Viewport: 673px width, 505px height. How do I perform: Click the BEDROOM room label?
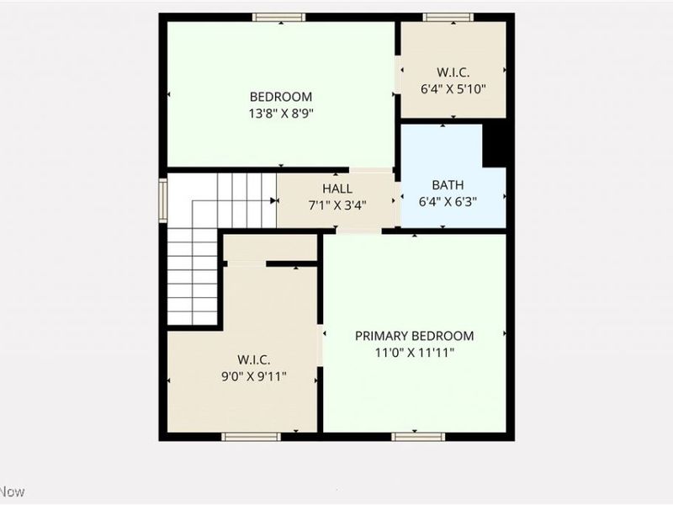[281, 97]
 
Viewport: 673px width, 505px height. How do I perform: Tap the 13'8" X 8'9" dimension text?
[281, 113]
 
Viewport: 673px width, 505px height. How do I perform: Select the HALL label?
[337, 189]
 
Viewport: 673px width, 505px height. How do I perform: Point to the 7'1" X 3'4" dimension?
[337, 205]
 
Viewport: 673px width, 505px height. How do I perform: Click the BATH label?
[448, 185]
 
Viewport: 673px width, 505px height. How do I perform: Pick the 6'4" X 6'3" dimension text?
[448, 201]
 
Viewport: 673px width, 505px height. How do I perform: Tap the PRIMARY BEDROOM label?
[414, 336]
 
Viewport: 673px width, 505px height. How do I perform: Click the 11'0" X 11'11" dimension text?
[414, 353]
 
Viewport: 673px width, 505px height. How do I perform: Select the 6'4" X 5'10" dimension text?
[453, 88]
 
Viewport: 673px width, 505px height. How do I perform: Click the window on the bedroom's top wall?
[278, 17]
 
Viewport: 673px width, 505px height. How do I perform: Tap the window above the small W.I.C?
[448, 17]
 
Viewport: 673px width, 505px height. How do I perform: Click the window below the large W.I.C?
[251, 436]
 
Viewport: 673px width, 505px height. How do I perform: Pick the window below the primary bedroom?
[418, 436]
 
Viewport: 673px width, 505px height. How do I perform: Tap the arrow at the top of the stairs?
[274, 200]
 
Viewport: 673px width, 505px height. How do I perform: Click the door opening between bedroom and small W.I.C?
[397, 74]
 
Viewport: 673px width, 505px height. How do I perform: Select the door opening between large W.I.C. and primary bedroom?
[321, 345]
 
